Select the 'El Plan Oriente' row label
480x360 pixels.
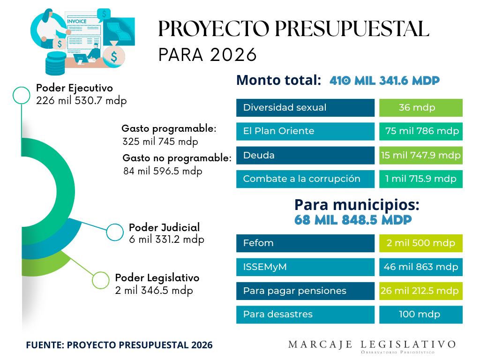point(278,131)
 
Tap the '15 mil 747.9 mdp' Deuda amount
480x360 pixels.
point(420,155)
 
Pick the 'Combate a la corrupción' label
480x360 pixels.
point(301,179)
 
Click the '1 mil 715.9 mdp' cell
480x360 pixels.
point(420,179)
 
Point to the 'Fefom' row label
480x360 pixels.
point(258,243)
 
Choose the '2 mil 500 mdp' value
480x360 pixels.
point(420,243)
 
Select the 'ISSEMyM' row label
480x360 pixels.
point(265,267)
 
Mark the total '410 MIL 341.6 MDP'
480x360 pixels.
point(384,81)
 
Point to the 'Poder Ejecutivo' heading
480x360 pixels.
point(75,88)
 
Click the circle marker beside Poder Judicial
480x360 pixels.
point(115,232)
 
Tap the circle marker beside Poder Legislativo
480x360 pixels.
point(100,280)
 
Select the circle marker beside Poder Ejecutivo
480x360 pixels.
point(21,95)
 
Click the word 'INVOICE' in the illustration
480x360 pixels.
point(77,22)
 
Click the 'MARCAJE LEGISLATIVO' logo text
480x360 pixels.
point(371,345)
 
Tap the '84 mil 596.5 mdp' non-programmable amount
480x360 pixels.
point(163,171)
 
